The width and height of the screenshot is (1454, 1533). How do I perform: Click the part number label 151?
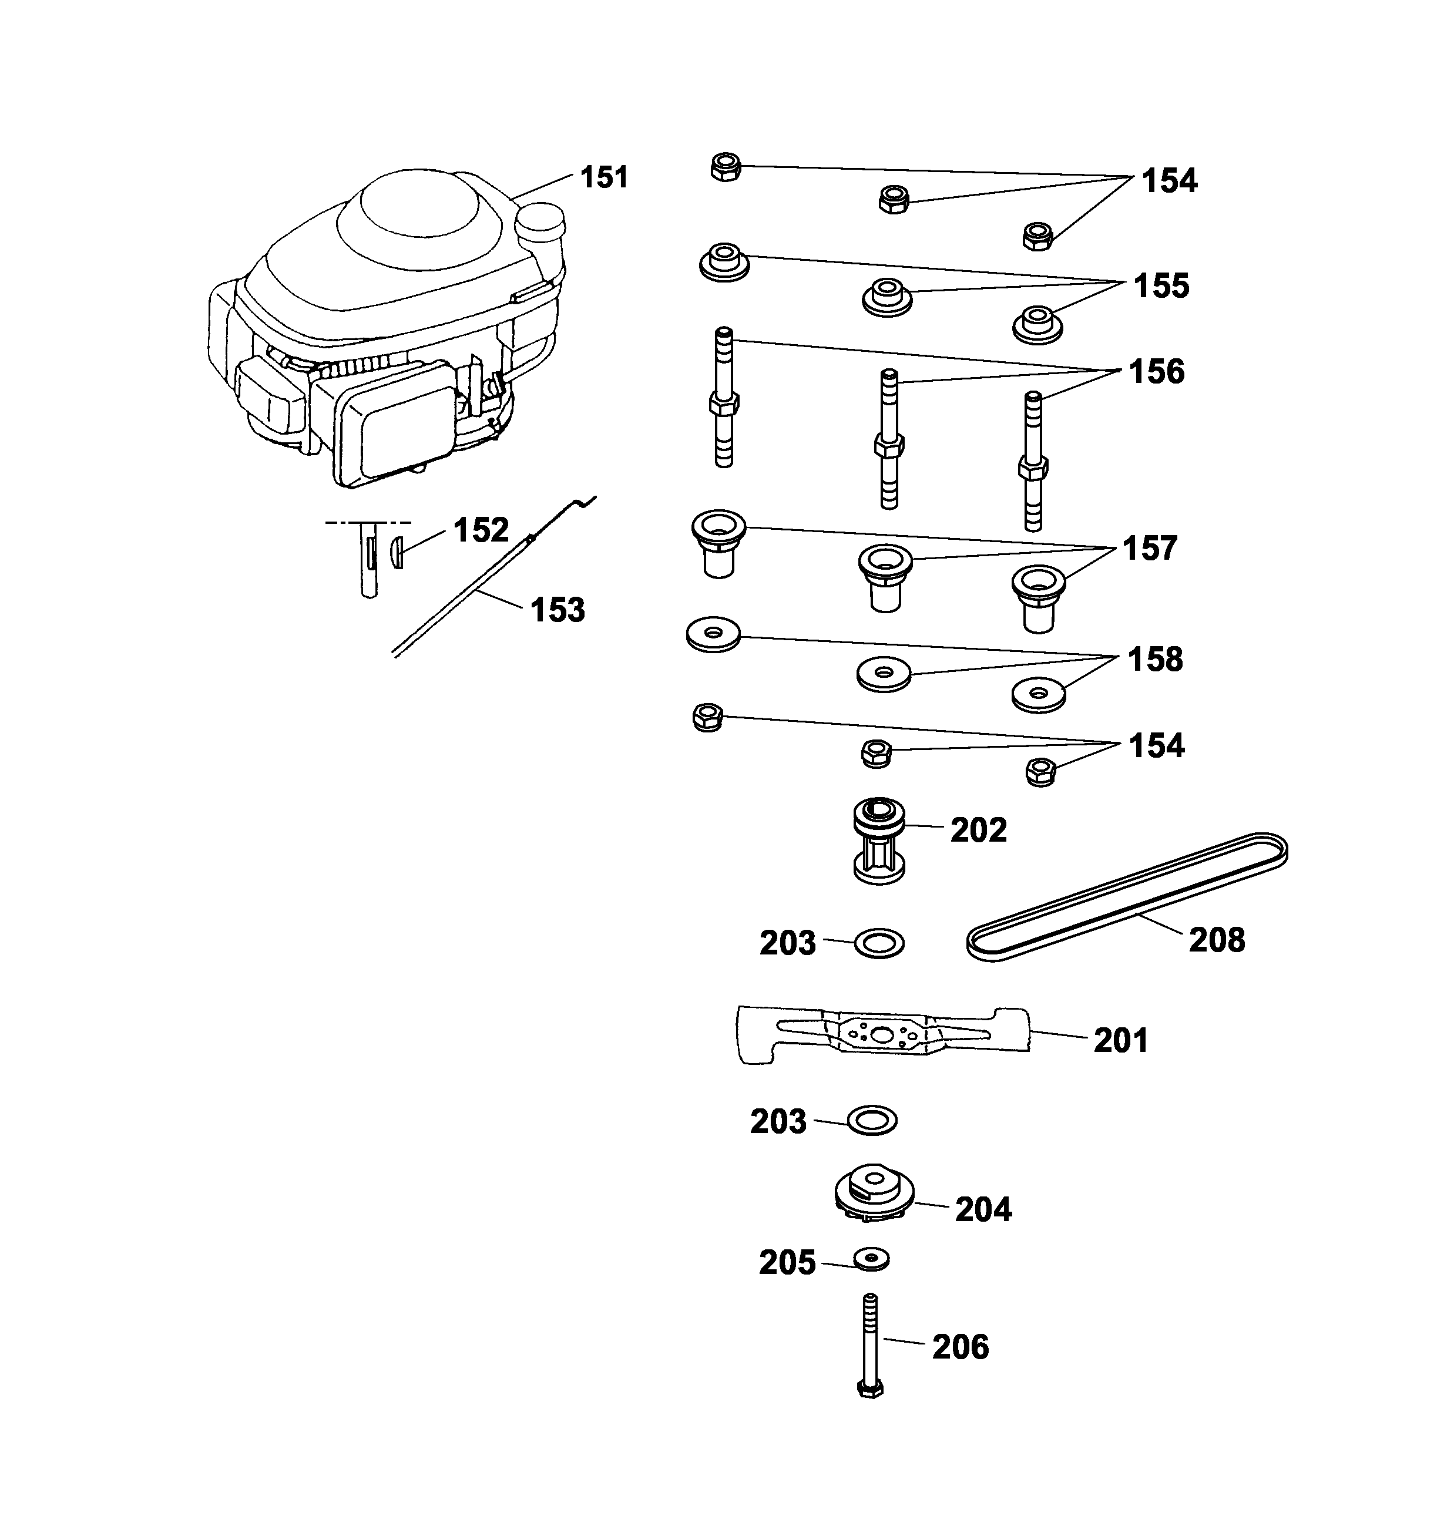604,177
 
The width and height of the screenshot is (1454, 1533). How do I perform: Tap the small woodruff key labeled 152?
396,553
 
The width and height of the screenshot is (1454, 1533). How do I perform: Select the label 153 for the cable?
558,610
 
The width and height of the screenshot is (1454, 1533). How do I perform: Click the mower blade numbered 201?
884,1036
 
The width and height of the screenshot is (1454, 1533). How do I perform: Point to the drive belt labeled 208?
1128,897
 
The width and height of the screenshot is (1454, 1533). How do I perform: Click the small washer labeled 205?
871,1259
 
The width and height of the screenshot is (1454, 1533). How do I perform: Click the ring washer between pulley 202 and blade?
879,943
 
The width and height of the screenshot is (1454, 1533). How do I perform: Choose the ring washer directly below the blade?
872,1121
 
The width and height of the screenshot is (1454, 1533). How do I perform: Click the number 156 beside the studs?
1156,372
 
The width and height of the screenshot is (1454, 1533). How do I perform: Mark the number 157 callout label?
1150,549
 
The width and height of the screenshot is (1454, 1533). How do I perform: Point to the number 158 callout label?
1155,660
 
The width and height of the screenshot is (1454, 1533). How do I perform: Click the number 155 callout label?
1161,286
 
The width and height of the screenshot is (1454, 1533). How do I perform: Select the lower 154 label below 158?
1156,745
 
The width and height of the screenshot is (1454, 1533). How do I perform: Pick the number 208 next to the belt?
1217,940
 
